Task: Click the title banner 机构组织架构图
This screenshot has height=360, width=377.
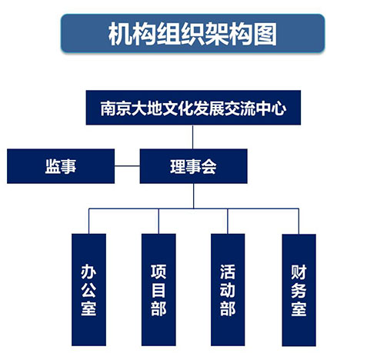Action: [192, 33]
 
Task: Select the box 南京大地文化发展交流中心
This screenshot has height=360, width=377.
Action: [193, 108]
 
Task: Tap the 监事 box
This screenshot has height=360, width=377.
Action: [61, 166]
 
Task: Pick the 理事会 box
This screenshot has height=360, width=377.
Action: [193, 166]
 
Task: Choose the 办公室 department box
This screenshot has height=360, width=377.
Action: [88, 290]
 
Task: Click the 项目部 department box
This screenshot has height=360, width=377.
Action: [158, 290]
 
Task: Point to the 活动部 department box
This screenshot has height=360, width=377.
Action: [228, 290]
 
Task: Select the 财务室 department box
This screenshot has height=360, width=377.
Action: [299, 290]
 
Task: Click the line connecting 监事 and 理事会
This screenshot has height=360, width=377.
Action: [127, 166]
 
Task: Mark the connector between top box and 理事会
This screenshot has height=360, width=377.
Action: [193, 137]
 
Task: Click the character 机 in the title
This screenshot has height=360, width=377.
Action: [120, 34]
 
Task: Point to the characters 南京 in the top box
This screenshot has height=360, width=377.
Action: [115, 108]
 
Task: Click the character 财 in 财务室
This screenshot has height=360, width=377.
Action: [299, 272]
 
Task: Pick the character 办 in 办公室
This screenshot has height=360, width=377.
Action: [88, 272]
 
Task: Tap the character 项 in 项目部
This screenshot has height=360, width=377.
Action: [158, 272]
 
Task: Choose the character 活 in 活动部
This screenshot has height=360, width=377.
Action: [228, 272]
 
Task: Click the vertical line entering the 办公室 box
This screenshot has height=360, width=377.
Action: [88, 221]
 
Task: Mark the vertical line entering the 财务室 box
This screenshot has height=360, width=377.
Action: [299, 221]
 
